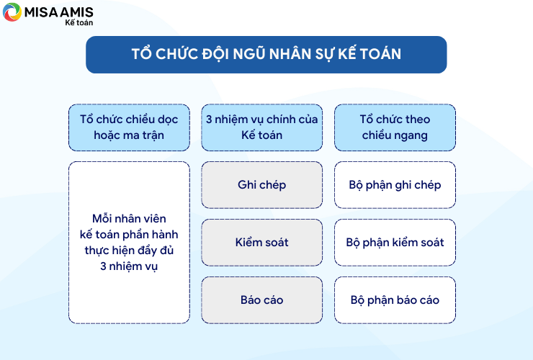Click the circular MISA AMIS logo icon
(x=12, y=12)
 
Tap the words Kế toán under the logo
(x=79, y=22)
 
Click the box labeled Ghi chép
(x=261, y=185)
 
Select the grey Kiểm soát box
(x=261, y=243)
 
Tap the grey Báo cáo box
(x=261, y=300)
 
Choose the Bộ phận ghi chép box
(x=395, y=185)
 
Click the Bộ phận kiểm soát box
(x=395, y=243)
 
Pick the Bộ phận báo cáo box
(x=395, y=300)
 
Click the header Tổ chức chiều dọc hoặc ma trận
(x=129, y=127)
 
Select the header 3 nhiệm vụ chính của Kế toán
(x=261, y=127)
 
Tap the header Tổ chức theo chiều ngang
(x=395, y=127)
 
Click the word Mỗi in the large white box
(x=102, y=218)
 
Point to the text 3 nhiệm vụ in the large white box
(x=129, y=266)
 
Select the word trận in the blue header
(x=153, y=135)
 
